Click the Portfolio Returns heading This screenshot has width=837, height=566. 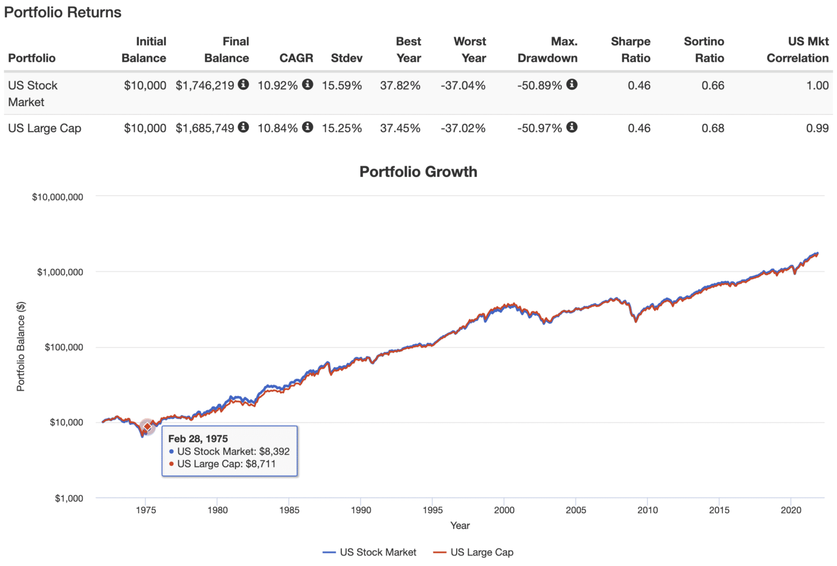pyautogui.click(x=63, y=13)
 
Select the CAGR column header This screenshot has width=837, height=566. pyautogui.click(x=296, y=58)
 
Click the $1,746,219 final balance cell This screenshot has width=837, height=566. pyautogui.click(x=205, y=86)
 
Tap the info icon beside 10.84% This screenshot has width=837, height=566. pyautogui.click(x=308, y=127)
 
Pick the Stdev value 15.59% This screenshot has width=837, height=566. pyautogui.click(x=342, y=86)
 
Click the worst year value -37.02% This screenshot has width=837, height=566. pyautogui.click(x=463, y=129)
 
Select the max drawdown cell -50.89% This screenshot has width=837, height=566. pyautogui.click(x=539, y=86)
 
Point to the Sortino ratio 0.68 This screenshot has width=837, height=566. pyautogui.click(x=713, y=129)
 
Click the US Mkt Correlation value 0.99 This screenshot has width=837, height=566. pyautogui.click(x=817, y=129)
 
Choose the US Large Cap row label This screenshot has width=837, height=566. pyautogui.click(x=45, y=129)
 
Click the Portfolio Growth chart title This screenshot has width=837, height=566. pyautogui.click(x=418, y=172)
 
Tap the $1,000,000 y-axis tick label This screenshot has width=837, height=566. pyautogui.click(x=60, y=272)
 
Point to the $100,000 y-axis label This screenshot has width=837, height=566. pyautogui.click(x=64, y=348)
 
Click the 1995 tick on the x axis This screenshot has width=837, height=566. pyautogui.click(x=433, y=510)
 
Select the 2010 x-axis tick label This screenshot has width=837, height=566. pyautogui.click(x=647, y=510)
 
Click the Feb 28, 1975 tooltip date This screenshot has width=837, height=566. pyautogui.click(x=198, y=439)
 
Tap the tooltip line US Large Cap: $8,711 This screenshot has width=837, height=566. pyautogui.click(x=226, y=464)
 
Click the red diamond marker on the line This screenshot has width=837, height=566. pyautogui.click(x=147, y=427)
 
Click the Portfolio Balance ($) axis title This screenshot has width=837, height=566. pyautogui.click(x=21, y=346)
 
